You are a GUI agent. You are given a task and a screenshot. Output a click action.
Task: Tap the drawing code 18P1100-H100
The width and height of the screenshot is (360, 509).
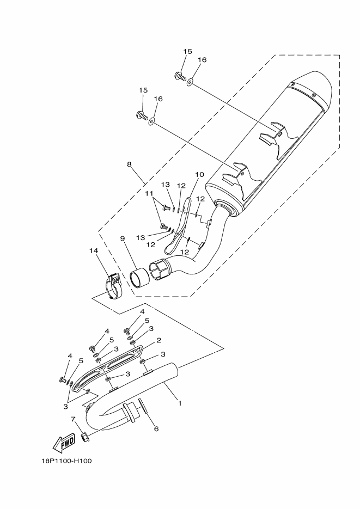[66, 461]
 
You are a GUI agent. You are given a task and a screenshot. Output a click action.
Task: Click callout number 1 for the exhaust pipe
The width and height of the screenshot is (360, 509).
[180, 403]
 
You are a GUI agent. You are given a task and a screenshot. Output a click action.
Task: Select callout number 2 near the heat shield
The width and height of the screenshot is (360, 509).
[158, 340]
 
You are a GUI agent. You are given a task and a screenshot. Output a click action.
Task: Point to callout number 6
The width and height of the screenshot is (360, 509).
[156, 428]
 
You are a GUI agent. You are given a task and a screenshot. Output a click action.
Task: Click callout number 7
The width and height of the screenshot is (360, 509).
[74, 419]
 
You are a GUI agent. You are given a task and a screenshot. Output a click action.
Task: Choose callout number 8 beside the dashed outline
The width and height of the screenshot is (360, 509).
[129, 163]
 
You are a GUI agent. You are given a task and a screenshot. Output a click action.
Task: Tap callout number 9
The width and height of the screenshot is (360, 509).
[123, 238]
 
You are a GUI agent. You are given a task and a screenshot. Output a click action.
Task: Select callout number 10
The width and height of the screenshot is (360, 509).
[199, 175]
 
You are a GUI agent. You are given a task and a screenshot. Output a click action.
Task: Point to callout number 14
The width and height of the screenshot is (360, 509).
[93, 250]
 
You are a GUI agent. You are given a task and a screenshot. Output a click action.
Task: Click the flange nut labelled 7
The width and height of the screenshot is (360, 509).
[84, 436]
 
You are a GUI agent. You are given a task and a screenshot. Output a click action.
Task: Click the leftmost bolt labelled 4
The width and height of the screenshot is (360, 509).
[63, 379]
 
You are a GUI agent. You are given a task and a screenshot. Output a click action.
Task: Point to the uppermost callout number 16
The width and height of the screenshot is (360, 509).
[202, 60]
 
